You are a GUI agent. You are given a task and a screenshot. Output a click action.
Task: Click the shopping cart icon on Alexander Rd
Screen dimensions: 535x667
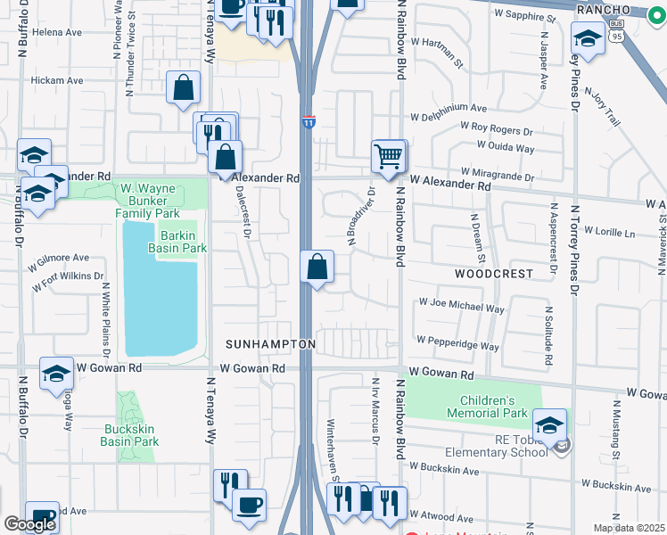[389, 156]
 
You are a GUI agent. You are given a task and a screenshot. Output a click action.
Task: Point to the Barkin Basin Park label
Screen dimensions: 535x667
[183, 242]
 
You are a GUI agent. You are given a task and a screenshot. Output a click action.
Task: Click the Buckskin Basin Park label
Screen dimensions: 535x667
[131, 434]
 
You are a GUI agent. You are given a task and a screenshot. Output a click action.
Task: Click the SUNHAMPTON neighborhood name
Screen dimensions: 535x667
[270, 344]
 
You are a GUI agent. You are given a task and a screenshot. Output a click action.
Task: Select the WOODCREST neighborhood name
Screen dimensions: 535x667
[494, 274]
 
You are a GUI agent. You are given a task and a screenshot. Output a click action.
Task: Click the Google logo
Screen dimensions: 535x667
[29, 523]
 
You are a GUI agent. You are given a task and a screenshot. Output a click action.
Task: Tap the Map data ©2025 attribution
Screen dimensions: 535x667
[629, 528]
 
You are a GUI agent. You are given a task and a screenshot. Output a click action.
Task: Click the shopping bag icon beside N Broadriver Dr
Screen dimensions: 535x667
[317, 267]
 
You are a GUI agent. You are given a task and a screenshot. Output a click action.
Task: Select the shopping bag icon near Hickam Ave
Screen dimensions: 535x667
[183, 88]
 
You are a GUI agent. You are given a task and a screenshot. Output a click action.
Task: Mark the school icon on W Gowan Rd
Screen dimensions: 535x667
[56, 375]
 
